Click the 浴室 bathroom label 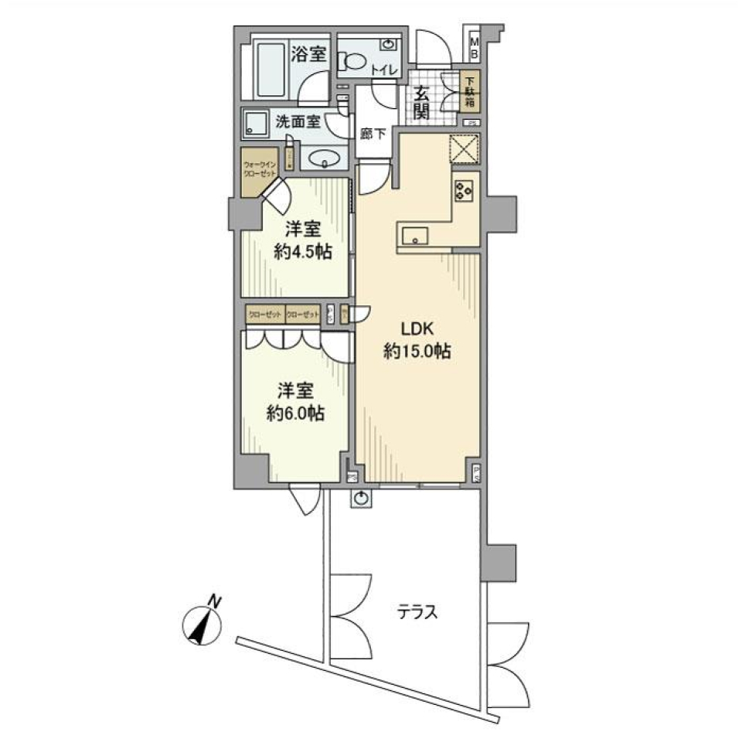(x=308, y=55)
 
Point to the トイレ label (x=384, y=71)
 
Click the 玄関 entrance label (x=421, y=102)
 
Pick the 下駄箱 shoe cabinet (x=470, y=91)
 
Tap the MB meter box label (x=475, y=47)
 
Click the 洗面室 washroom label (x=297, y=121)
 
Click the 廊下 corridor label (x=373, y=133)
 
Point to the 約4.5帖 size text (x=297, y=253)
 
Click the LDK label (x=417, y=328)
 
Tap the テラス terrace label (x=417, y=613)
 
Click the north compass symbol (x=203, y=623)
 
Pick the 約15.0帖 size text (x=417, y=352)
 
